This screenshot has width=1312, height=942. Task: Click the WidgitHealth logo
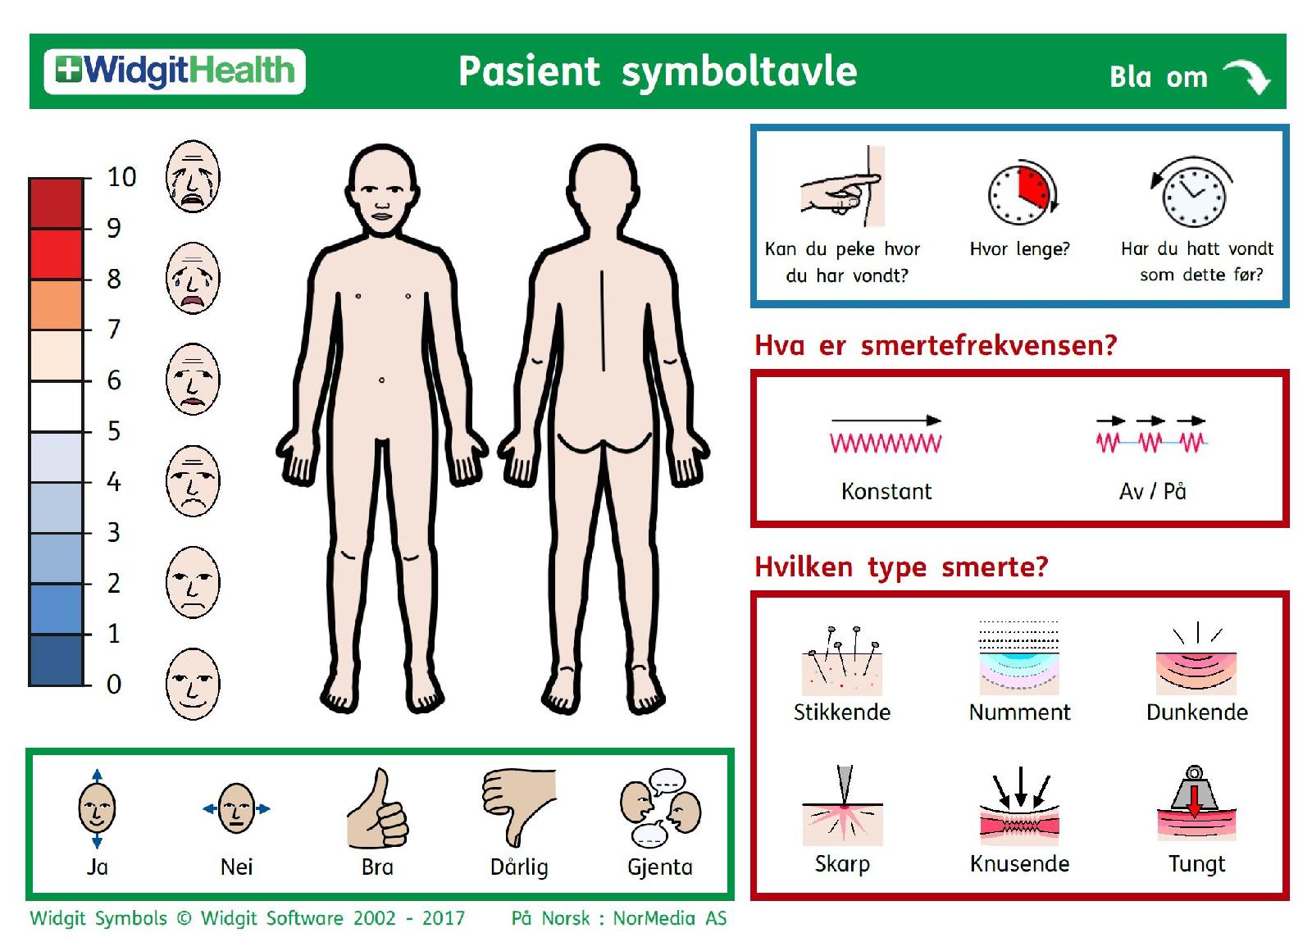pos(175,71)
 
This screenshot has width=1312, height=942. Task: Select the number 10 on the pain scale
pos(122,177)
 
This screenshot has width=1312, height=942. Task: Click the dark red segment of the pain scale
pos(57,203)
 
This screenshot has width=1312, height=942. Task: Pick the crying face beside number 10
pos(193,176)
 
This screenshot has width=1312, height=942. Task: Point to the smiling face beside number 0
pos(193,684)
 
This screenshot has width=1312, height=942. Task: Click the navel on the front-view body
pos(382,380)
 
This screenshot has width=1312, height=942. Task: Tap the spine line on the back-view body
pos(603,321)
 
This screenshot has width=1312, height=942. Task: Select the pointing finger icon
pos(843,186)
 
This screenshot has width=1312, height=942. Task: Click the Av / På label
pos(1152,491)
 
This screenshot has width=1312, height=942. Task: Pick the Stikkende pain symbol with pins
pos(842,661)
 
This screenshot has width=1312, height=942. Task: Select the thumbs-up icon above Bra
pos(378,808)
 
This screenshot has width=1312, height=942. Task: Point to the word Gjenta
pos(660,867)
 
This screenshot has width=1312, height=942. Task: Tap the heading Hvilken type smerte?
pos(901,567)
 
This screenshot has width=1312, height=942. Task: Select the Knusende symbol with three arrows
pos(1020,806)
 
